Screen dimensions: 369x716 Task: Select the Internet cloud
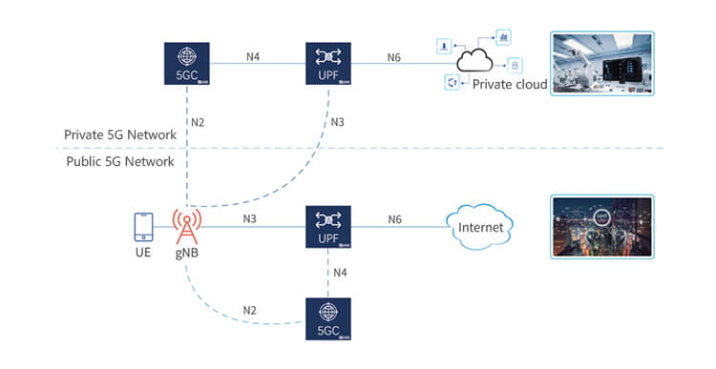point(480,228)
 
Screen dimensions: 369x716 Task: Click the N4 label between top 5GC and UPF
point(253,56)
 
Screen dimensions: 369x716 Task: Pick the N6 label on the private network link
point(393,56)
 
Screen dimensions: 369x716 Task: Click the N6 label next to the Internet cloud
point(394,220)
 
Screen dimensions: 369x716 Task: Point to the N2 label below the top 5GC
point(198,122)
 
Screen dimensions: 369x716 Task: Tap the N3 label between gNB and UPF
point(250,219)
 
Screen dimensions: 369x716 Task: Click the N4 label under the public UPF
point(340,273)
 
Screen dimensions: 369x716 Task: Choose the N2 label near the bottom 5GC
point(249,310)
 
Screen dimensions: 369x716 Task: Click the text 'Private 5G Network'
point(120,135)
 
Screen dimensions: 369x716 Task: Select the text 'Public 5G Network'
point(119,161)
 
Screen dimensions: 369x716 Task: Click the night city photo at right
point(601,227)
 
